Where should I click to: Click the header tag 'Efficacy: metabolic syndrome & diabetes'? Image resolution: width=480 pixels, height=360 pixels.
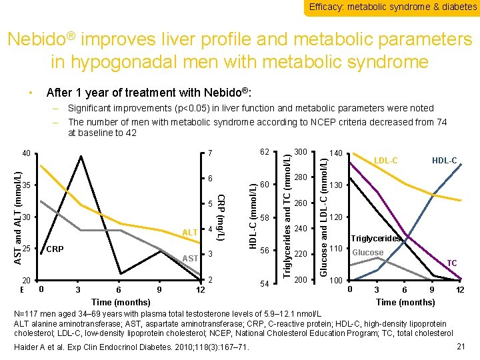coord(393,7)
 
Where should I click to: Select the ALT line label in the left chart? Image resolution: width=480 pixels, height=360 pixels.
coord(190,232)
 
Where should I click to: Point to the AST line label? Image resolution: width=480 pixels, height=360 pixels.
coord(190,258)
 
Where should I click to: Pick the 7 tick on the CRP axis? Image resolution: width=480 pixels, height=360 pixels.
coord(209,155)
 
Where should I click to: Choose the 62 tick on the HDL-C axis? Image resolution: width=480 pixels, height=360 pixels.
coord(265,153)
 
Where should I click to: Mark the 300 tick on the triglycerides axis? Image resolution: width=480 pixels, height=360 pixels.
coord(301,153)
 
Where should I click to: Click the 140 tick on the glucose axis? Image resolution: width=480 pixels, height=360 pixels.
coord(337,155)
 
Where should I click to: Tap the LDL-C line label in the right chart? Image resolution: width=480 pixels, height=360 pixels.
coord(385,161)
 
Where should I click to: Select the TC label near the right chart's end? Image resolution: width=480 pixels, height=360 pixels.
coord(451,263)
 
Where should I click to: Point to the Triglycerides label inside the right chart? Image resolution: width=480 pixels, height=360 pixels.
coord(376,239)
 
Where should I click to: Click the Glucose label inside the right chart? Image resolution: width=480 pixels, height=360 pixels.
coord(367,253)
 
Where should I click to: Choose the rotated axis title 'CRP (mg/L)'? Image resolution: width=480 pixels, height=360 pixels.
coord(222,218)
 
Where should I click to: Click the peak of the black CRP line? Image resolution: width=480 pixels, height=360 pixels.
coord(81,156)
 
